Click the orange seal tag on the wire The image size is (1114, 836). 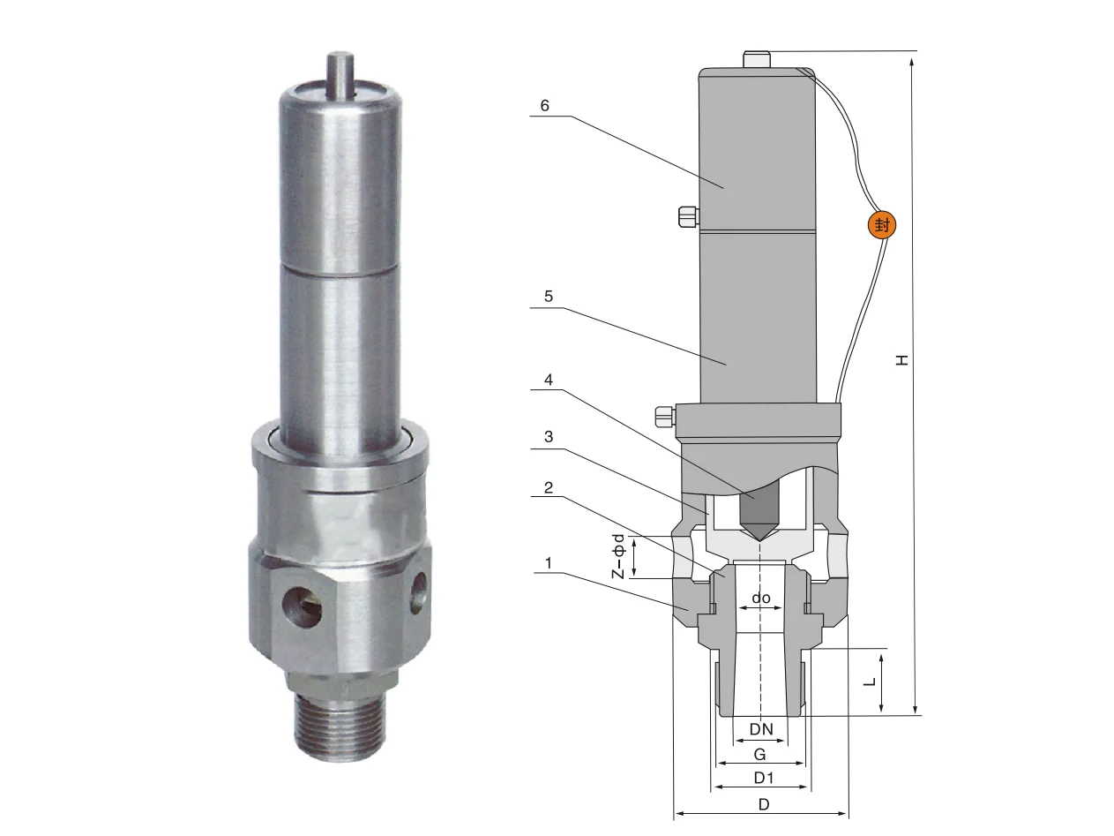pyautogui.click(x=881, y=224)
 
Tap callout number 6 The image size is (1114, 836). pyautogui.click(x=544, y=106)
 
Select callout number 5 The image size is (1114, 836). pyautogui.click(x=548, y=296)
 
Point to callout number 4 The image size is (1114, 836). pyautogui.click(x=548, y=380)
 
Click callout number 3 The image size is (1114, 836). pyautogui.click(x=548, y=437)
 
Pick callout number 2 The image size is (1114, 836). pyautogui.click(x=548, y=487)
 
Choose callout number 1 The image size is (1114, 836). pyautogui.click(x=548, y=562)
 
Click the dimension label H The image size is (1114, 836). pyautogui.click(x=901, y=360)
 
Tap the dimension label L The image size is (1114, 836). pyautogui.click(x=870, y=682)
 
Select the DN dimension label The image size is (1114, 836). pyautogui.click(x=761, y=729)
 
